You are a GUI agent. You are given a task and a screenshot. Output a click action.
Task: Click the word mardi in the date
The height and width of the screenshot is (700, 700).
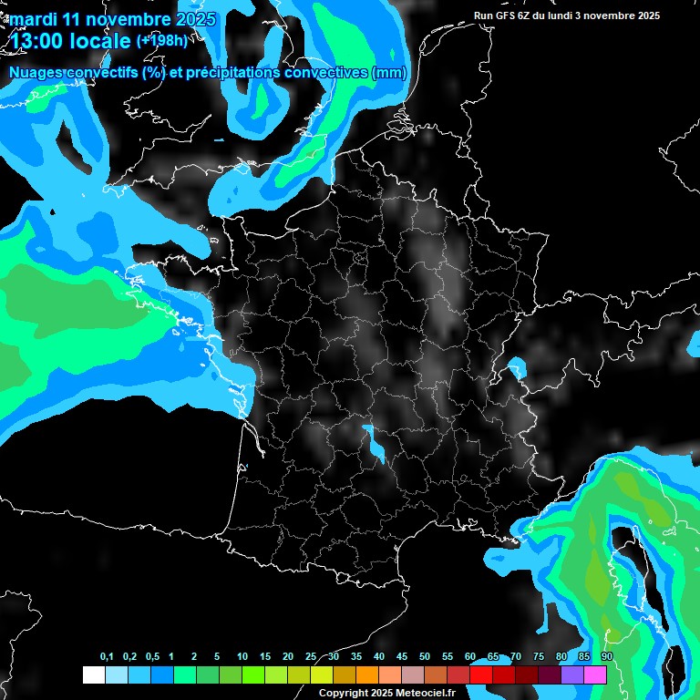coord(33,19)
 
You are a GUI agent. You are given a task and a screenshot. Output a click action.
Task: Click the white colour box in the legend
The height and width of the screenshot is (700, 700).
coord(93,675)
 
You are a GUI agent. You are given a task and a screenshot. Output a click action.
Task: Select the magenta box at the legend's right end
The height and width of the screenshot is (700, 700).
coord(595,675)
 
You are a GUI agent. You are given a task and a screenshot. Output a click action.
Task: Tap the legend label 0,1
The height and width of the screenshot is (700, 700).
coord(107,657)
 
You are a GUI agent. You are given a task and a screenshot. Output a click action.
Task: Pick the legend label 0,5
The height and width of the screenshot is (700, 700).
coord(152,657)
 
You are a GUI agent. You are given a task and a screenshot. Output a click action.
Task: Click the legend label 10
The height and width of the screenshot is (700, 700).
coord(242,657)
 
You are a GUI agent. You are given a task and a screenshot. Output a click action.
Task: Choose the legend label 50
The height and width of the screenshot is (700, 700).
coord(425,657)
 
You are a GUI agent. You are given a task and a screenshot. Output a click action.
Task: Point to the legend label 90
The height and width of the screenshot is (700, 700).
coord(607,657)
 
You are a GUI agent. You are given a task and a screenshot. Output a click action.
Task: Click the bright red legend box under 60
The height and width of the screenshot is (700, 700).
coord(481,675)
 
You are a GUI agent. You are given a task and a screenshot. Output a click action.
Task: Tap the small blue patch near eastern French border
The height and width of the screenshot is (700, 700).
coord(517,369)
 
